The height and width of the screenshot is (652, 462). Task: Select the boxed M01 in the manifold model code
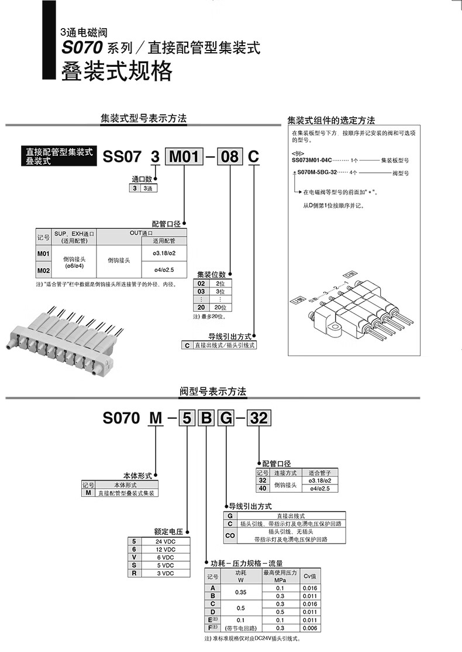click(x=185, y=157)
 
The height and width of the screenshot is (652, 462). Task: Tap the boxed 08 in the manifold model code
click(x=230, y=157)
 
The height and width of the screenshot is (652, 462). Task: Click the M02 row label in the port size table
click(x=43, y=271)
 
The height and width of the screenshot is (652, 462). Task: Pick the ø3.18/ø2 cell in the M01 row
click(x=164, y=253)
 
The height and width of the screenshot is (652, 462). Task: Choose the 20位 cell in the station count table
click(x=220, y=308)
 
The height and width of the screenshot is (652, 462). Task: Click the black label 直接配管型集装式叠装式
click(x=56, y=156)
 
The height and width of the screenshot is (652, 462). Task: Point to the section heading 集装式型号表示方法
click(x=144, y=118)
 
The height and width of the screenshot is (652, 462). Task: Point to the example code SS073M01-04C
click(x=312, y=159)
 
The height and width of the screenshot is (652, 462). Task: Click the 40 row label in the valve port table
click(x=263, y=488)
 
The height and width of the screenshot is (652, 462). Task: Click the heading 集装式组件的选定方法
click(x=331, y=120)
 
